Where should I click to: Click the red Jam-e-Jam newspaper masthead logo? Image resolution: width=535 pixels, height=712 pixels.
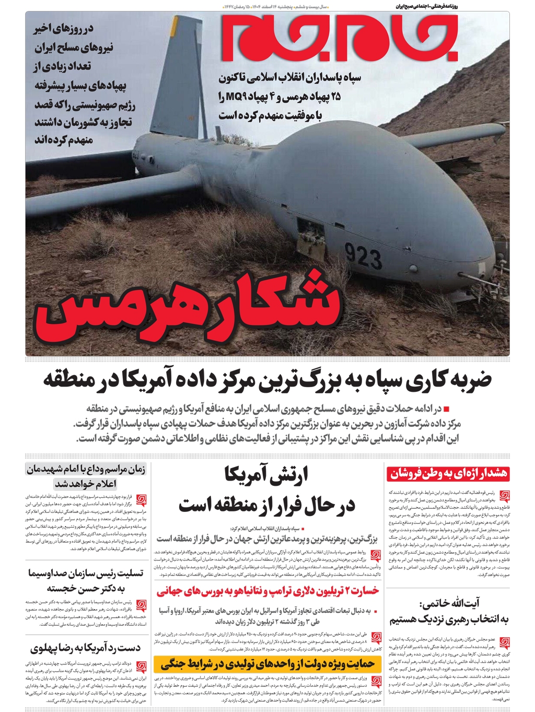340,37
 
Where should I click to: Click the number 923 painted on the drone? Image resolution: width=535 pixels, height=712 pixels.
364,257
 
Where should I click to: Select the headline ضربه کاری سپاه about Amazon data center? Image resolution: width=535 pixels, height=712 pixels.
267,380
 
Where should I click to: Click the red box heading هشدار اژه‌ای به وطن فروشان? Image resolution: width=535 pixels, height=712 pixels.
448,474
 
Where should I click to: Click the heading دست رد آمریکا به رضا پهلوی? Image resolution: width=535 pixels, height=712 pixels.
86,648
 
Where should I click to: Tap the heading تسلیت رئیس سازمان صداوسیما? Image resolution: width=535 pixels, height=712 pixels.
86,580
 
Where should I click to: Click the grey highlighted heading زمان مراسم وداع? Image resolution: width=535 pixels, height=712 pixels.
86,476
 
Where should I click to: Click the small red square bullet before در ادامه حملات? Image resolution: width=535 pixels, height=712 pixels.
446,408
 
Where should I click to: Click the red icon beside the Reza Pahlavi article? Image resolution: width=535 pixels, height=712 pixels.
141,667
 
